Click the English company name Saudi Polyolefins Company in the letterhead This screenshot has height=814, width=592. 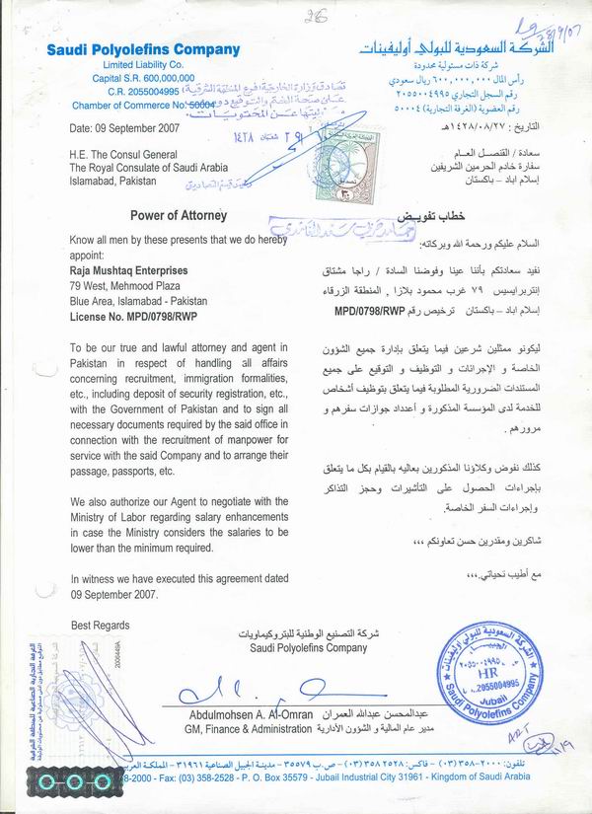pyautogui.click(x=142, y=49)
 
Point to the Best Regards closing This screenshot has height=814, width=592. pyautogui.click(x=100, y=626)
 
